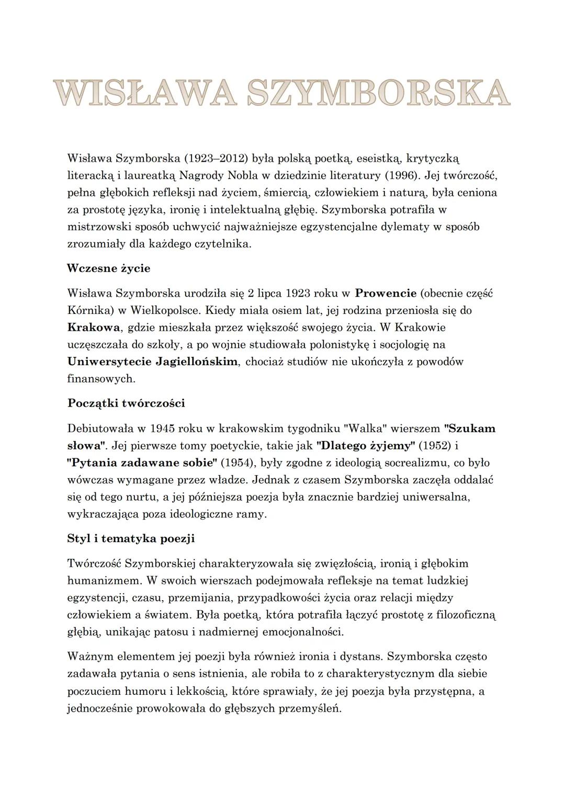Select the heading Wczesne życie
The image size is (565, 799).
point(108,268)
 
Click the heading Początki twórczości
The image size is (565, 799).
point(126,403)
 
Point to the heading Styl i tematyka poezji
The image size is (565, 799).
point(131,538)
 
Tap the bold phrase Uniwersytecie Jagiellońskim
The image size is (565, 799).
point(152,362)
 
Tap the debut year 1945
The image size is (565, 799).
point(162,429)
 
